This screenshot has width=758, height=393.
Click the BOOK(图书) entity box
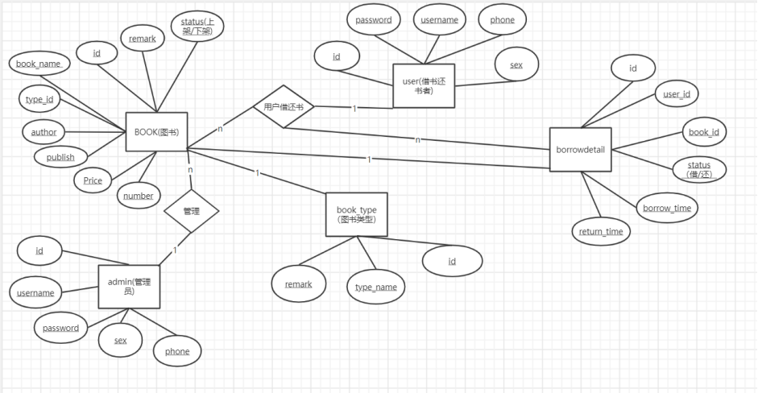tap(156, 131)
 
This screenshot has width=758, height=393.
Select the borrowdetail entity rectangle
tap(581, 149)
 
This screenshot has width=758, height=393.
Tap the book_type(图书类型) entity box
tap(356, 214)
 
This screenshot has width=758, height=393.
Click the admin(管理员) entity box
tap(129, 286)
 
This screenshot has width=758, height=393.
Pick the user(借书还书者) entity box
tap(424, 85)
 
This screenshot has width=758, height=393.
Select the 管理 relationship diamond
tap(191, 212)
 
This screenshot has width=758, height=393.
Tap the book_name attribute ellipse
tap(39, 62)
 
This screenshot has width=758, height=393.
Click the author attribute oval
tap(43, 131)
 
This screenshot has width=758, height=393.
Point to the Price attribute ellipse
tap(93, 180)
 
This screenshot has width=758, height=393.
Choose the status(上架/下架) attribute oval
tap(197, 27)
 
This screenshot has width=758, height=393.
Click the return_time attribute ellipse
tap(601, 232)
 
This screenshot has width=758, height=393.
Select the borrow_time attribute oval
tap(667, 208)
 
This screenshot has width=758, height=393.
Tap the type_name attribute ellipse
tap(376, 287)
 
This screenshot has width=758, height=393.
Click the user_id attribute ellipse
tap(676, 94)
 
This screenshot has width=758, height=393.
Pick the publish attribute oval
tap(60, 157)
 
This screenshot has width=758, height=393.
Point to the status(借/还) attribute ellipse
tap(698, 169)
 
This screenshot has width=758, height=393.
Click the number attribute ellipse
tap(139, 195)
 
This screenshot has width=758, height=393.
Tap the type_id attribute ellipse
tap(39, 99)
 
